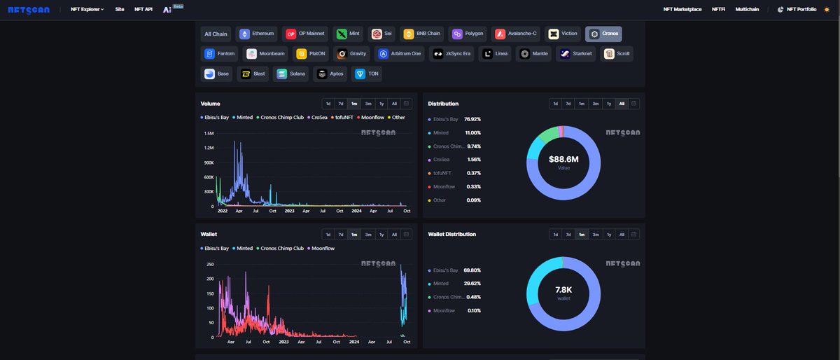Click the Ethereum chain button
click(x=257, y=34)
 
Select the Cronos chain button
click(x=603, y=34)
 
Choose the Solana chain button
click(x=292, y=74)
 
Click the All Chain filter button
click(x=216, y=34)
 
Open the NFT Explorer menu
click(x=87, y=9)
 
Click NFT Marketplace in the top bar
click(x=682, y=9)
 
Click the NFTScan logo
click(x=29, y=10)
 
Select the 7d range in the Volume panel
click(x=341, y=104)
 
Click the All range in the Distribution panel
click(x=622, y=104)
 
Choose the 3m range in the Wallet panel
click(x=368, y=235)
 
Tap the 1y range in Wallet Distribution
click(x=609, y=235)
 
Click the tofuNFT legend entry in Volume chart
click(x=342, y=118)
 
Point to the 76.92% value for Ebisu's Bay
click(x=472, y=119)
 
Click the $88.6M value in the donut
click(x=563, y=160)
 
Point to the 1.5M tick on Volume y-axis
click(x=209, y=133)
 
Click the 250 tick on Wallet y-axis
click(x=210, y=264)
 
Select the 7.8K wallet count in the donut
click(x=563, y=289)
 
